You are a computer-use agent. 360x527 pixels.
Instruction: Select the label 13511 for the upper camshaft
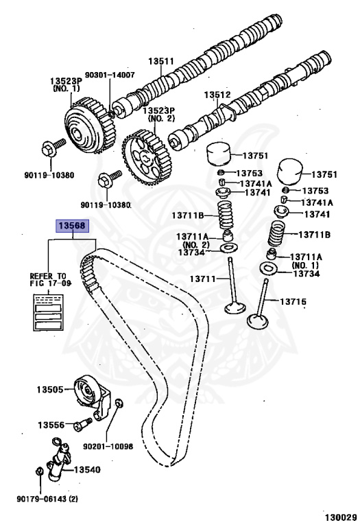point(163,61)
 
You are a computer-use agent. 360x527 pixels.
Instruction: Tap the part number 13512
point(217,96)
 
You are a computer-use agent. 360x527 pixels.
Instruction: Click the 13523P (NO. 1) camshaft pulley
point(86,122)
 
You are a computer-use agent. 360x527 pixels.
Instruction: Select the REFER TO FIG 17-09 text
point(52,279)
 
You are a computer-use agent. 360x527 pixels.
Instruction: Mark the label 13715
point(293,301)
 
